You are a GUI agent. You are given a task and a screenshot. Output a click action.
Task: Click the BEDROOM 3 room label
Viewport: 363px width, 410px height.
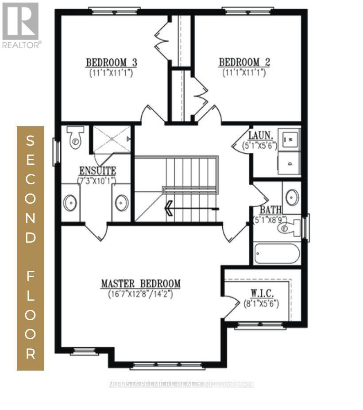(111, 62)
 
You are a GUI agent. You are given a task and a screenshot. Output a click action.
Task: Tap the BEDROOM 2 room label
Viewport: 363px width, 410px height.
(244, 62)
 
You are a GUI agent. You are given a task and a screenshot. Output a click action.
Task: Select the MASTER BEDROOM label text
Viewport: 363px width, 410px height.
(140, 283)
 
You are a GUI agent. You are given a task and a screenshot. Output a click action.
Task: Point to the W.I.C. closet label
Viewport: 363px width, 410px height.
(261, 294)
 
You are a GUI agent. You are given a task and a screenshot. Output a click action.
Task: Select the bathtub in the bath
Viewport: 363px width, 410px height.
(277, 254)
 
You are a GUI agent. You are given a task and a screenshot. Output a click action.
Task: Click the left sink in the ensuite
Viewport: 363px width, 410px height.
(70, 203)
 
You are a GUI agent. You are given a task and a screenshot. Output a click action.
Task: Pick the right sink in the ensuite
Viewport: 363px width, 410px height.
(121, 203)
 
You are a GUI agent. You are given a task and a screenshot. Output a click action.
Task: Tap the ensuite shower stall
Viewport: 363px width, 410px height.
(111, 139)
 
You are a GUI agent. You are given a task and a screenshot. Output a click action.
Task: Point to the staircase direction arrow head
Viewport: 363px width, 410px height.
(169, 208)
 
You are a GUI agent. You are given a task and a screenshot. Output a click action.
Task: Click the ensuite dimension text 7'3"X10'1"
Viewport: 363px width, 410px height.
(97, 180)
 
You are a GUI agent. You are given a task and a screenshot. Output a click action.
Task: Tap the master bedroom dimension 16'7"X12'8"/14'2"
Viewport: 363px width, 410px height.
(140, 294)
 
